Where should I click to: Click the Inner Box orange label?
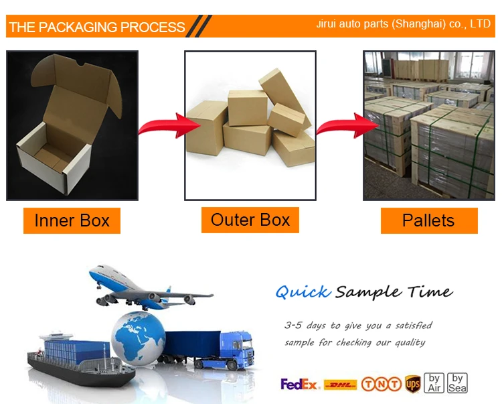pyautogui.click(x=72, y=220)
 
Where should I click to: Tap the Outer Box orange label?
pyautogui.click(x=250, y=220)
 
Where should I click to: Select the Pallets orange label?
pyautogui.click(x=428, y=220)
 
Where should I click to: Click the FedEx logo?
pyautogui.click(x=300, y=384)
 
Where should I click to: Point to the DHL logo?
pyautogui.click(x=340, y=385)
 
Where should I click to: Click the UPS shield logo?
pyautogui.click(x=412, y=384)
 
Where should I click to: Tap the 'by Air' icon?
pyautogui.click(x=435, y=383)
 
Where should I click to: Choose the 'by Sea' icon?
pyautogui.click(x=457, y=383)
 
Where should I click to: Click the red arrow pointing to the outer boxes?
pyautogui.click(x=163, y=125)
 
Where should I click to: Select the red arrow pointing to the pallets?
pyautogui.click(x=341, y=125)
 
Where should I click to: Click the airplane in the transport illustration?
pyautogui.click(x=144, y=288)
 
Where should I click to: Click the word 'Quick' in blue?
pyautogui.click(x=303, y=292)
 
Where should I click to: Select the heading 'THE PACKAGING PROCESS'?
pyautogui.click(x=97, y=27)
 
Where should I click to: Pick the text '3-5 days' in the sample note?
pyautogui.click(x=305, y=326)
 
